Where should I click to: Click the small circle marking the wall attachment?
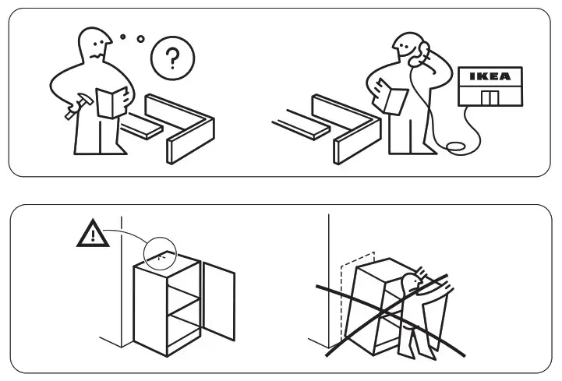click(x=161, y=253)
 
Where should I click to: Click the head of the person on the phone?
click(x=409, y=48)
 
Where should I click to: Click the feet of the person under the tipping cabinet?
click(x=407, y=355)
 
